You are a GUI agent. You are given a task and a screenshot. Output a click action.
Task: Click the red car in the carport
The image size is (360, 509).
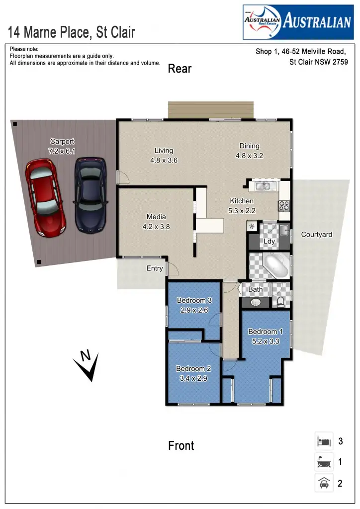coord(46,197)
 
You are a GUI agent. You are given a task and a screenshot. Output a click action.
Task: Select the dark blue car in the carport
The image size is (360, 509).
coord(90,195)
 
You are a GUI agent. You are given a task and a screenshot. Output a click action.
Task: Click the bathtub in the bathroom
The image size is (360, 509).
coord(274,265)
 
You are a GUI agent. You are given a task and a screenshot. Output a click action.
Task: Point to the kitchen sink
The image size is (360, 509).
coord(263,186)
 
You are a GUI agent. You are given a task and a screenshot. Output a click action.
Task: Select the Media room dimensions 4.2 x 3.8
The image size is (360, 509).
coord(156,226)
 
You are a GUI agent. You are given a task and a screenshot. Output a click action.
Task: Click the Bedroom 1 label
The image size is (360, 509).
coord(266,332)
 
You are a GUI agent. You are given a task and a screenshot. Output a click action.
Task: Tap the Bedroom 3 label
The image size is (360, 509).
coord(194,300)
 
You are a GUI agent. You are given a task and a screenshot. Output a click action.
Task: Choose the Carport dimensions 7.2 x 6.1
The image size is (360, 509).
coord(62,151)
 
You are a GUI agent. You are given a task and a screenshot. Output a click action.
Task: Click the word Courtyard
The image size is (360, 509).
coord(317,235)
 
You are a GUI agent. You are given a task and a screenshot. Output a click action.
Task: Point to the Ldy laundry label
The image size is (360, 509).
coord(269,242)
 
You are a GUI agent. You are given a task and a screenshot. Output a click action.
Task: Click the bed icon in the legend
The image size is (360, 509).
coord(324,441)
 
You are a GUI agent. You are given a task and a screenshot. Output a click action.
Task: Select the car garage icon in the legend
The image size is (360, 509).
coord(324,483)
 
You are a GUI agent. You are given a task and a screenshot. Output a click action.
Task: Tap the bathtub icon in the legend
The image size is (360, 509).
coord(324,462)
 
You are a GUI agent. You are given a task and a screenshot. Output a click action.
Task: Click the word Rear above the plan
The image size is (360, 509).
coord(180,69)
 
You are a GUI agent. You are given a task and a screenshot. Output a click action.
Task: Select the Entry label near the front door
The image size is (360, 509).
coord(155,268)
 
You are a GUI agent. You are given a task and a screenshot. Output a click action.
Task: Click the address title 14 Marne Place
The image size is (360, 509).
coord(71,33)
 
